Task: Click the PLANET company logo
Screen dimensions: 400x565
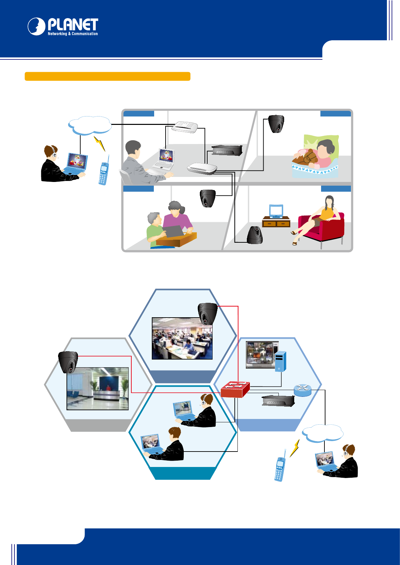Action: point(63,27)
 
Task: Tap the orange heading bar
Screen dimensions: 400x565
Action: point(107,76)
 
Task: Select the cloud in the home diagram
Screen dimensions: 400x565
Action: point(90,126)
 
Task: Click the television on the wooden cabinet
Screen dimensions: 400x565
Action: point(276,211)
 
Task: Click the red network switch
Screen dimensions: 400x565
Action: point(235,389)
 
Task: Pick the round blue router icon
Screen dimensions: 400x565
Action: point(303,390)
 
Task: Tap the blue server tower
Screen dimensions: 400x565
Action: point(280,362)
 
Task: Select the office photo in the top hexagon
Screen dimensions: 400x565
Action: point(182,338)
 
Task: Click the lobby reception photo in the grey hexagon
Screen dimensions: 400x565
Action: point(98,388)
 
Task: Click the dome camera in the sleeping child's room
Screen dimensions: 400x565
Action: point(276,124)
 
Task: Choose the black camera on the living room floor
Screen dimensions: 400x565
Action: point(255,235)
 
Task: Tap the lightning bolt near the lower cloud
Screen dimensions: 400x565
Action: point(295,448)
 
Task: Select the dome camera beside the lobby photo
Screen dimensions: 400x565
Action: point(69,362)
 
